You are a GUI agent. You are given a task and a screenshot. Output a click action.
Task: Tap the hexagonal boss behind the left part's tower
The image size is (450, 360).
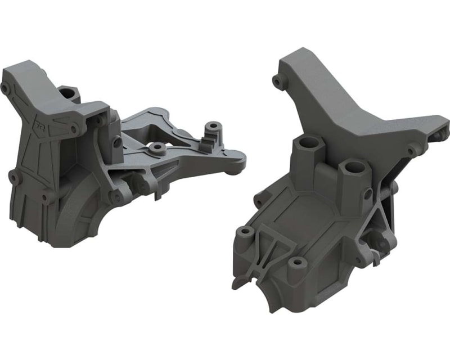[x=67, y=92]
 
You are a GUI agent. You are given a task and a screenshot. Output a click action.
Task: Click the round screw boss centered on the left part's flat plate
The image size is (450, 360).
[x=157, y=148]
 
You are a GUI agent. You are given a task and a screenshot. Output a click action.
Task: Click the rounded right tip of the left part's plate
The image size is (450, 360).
[x=240, y=161]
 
